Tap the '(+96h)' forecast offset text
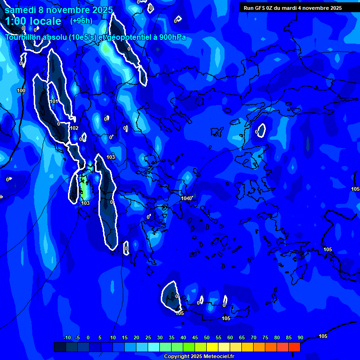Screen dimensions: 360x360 tap(81, 21)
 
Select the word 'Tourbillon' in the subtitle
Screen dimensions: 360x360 tap(23, 37)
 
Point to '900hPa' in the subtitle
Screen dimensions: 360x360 tap(172, 37)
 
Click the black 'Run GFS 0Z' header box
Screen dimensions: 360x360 tap(293, 8)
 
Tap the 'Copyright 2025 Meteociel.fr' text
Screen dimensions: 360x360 tap(199, 357)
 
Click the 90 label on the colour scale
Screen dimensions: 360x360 tap(300, 337)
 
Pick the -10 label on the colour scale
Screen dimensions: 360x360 tap(67, 337)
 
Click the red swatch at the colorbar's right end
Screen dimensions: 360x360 tap(294, 347)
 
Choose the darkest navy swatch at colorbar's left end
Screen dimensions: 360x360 tap(60, 347)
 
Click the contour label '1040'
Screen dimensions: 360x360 tap(186, 198)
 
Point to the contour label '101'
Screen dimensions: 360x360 tap(54, 101)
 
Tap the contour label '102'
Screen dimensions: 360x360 tap(74, 128)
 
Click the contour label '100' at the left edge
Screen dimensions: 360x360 tap(21, 90)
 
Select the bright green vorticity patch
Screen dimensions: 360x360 tap(84, 187)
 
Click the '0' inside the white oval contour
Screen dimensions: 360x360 tap(256, 132)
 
